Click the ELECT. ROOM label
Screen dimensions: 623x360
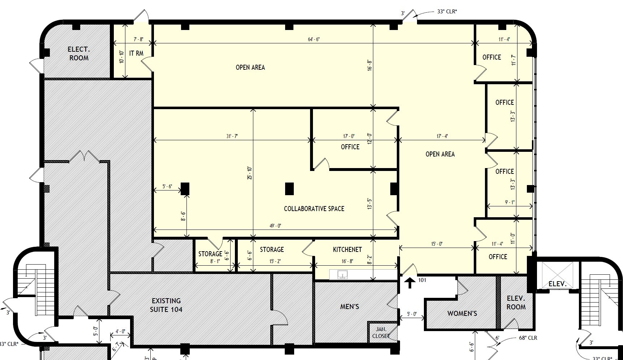point(78,53)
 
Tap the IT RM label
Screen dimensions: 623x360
point(136,53)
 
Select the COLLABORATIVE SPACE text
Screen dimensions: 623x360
point(314,209)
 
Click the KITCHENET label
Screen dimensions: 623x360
point(347,249)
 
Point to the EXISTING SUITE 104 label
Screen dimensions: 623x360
point(166,305)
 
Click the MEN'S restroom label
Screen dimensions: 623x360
point(349,307)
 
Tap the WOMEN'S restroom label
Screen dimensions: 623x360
point(462,313)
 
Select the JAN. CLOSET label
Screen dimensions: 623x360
point(381,333)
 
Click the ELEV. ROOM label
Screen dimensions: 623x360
point(516,303)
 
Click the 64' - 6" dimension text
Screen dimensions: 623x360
point(314,39)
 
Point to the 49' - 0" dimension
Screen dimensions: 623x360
point(275,226)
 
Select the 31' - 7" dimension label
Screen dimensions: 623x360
point(232,136)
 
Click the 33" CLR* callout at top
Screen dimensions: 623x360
point(447,11)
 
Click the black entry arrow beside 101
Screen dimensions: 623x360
point(409,283)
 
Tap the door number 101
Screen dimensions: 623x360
point(422,280)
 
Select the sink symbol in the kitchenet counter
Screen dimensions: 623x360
point(342,275)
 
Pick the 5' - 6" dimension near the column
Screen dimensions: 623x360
point(167,187)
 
